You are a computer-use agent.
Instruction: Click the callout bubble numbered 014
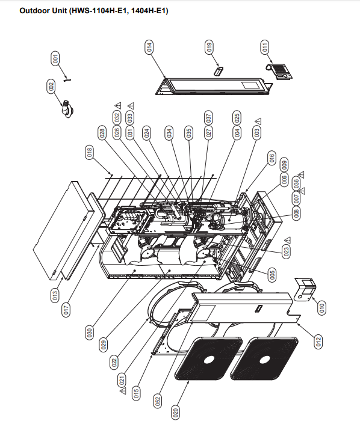tap(149, 47)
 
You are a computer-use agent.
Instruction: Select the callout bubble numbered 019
tap(209, 47)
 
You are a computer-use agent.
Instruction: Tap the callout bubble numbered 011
tap(264, 47)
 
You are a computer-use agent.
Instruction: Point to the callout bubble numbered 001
tap(55, 59)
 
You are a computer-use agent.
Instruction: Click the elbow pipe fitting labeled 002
tap(67, 109)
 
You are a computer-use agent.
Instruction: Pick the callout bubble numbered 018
tap(89, 152)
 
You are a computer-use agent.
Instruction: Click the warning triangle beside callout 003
tap(258, 121)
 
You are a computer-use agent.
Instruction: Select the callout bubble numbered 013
tap(55, 295)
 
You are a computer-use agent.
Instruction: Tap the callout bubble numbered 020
tap(176, 411)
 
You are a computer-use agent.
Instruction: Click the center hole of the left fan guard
tap(209, 360)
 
